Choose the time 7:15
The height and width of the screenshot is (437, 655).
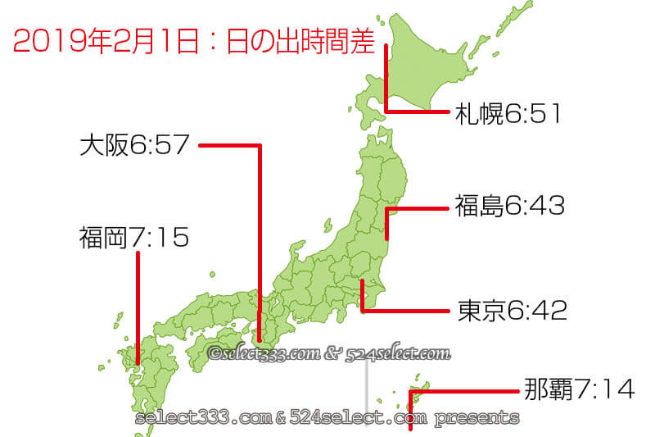[160, 239]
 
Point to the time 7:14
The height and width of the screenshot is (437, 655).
[603, 389]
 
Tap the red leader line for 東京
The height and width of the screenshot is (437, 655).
[405, 311]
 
